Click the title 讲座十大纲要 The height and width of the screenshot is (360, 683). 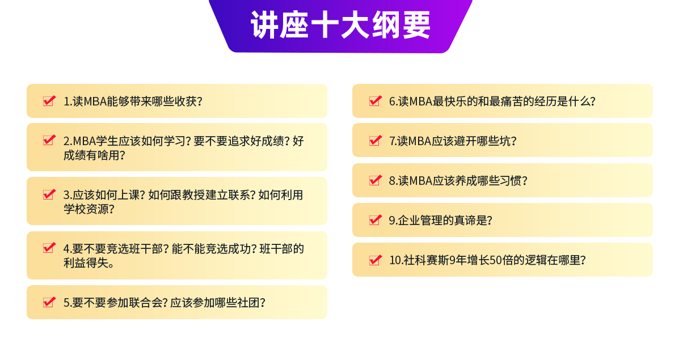tap(340, 25)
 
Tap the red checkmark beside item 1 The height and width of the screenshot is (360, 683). tap(49, 101)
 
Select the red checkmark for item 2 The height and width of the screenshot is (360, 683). tap(49, 140)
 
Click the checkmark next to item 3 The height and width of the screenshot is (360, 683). tap(49, 194)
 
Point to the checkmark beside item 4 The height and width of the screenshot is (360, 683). tap(49, 248)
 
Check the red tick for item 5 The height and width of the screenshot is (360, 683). tap(49, 302)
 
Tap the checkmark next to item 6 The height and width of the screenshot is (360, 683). tap(376, 101)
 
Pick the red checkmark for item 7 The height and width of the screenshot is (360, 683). tap(376, 141)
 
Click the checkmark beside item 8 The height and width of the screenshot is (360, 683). tap(376, 180)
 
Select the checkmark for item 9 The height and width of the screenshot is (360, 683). tap(376, 220)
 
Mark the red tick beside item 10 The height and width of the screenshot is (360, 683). tap(376, 260)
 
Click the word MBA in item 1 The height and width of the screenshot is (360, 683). tap(95, 101)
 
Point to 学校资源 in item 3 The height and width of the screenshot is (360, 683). tap(86, 209)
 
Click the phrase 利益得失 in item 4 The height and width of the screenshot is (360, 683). tap(86, 262)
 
